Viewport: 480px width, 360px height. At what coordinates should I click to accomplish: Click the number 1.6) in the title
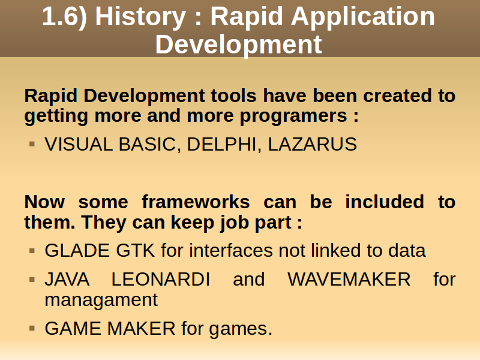coord(65,17)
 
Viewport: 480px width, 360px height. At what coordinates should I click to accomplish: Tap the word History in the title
coord(140,17)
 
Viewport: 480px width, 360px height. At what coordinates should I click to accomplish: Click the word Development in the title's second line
coord(238,45)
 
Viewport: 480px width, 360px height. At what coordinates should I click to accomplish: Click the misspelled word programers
coord(293,116)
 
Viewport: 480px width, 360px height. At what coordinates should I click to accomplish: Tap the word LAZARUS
coord(312,144)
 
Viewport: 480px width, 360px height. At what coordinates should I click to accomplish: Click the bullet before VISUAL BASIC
coord(32,143)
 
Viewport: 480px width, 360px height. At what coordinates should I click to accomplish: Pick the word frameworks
coord(196,202)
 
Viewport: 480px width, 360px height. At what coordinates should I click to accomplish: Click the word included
coord(385,202)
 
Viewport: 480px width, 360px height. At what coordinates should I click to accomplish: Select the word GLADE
coord(77,250)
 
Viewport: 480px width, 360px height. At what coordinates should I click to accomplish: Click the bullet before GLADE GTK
coord(32,251)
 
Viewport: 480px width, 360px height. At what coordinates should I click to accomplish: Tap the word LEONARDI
coord(161,279)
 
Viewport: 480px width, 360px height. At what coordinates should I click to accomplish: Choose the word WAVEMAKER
coord(349,279)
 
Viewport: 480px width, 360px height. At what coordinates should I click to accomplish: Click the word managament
coord(101,300)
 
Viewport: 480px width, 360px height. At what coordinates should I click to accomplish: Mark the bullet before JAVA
coord(32,280)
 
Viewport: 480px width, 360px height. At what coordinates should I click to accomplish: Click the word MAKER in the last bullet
coord(142,328)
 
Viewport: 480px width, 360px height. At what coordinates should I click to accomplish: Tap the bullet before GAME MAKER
coord(32,328)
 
